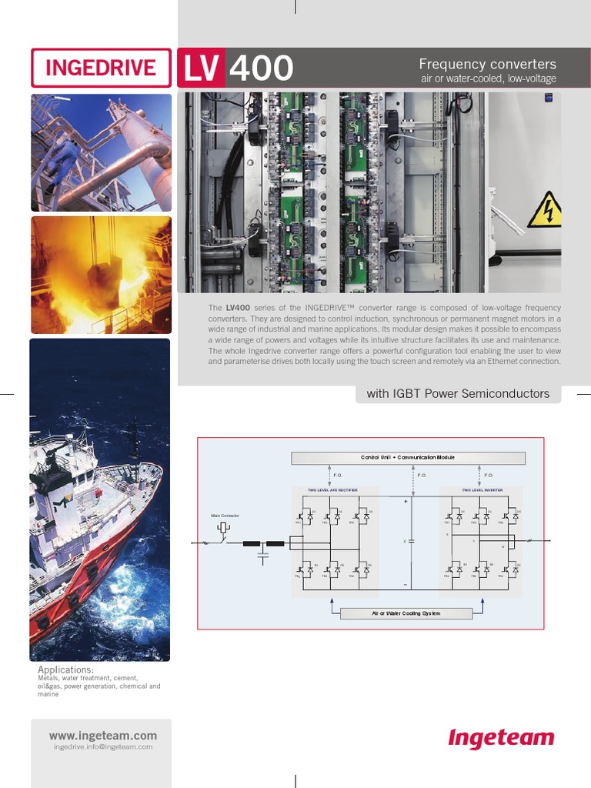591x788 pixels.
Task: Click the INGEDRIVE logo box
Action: point(101,68)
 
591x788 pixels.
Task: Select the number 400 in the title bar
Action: point(261,68)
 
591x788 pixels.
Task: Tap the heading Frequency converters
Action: point(486,64)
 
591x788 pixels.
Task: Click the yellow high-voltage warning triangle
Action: point(545,211)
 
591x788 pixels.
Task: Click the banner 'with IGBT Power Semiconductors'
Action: point(458,394)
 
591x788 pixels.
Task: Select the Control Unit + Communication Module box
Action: point(408,458)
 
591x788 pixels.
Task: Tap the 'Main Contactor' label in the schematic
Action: point(225,515)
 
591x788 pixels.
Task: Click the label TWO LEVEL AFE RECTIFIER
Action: point(332,489)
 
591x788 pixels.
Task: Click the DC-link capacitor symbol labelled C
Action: point(411,541)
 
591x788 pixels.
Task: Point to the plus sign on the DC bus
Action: point(406,501)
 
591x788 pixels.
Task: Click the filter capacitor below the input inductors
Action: point(264,553)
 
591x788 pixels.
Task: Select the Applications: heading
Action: point(65,670)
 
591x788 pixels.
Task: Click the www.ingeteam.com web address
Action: point(102,736)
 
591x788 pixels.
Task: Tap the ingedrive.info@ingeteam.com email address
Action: point(102,747)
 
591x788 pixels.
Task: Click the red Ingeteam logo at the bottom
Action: point(501,739)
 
